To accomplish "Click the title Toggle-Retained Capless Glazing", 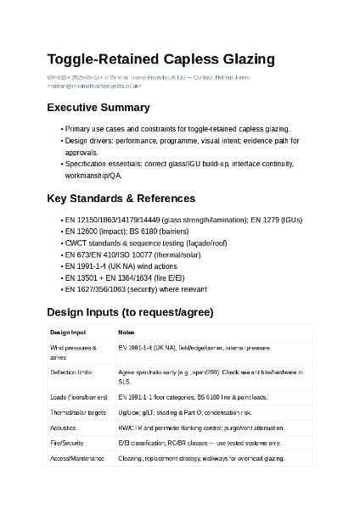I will click(x=160, y=59).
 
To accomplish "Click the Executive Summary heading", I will click(x=98, y=108).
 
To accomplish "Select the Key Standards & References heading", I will click(x=121, y=199).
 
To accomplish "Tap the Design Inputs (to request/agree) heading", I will click(x=130, y=312).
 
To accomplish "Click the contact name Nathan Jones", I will click(x=232, y=77).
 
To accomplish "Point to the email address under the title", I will click(x=94, y=86).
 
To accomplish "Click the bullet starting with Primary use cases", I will click(x=177, y=129).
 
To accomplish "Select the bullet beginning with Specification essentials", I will click(x=178, y=164).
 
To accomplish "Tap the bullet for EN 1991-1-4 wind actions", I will click(x=121, y=266).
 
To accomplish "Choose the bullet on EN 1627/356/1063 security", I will click(x=135, y=289).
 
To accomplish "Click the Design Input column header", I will click(x=68, y=333).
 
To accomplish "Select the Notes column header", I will click(x=126, y=333).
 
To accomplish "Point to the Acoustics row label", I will click(x=63, y=428).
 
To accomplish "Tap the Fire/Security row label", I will click(x=67, y=443).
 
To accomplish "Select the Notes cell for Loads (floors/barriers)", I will click(x=193, y=397).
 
